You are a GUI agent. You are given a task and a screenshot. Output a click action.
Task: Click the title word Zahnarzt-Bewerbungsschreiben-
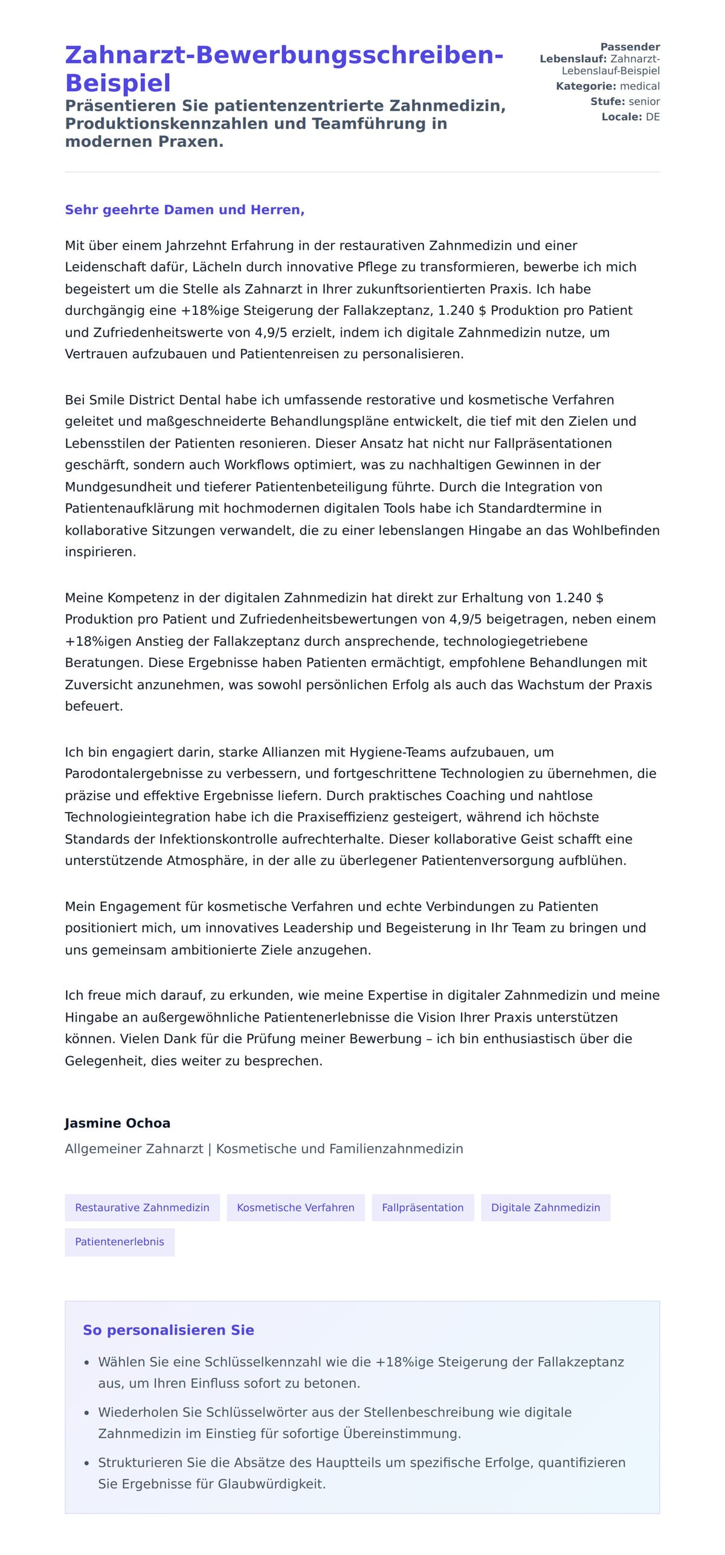point(284,55)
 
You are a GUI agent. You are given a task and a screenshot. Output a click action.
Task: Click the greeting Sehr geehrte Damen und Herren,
point(184,210)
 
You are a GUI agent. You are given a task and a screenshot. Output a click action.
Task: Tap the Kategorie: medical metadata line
point(607,86)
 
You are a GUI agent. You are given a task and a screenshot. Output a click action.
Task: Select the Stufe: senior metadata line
point(625,101)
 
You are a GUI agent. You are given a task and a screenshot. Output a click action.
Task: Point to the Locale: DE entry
point(630,117)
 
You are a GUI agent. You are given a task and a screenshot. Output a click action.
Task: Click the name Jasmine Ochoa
point(117,1123)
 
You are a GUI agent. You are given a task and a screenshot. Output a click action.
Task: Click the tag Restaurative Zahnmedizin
point(142,1208)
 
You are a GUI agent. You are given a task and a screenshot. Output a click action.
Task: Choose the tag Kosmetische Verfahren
point(295,1208)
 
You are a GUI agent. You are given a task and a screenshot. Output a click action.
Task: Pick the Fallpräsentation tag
point(422,1208)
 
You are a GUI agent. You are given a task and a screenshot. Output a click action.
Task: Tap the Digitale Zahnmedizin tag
point(545,1208)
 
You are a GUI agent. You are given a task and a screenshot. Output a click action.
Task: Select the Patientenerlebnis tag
point(120,1241)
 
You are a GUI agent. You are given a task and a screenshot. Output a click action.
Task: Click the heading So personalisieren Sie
point(168,1330)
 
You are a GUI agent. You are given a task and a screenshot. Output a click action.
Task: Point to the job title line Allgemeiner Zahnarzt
point(134,1148)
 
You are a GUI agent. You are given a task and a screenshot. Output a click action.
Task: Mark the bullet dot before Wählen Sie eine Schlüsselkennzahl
point(86,1363)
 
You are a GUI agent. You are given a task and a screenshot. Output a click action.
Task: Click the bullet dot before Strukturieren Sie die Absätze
point(86,1463)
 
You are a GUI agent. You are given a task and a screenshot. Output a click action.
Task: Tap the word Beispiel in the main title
point(118,83)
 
